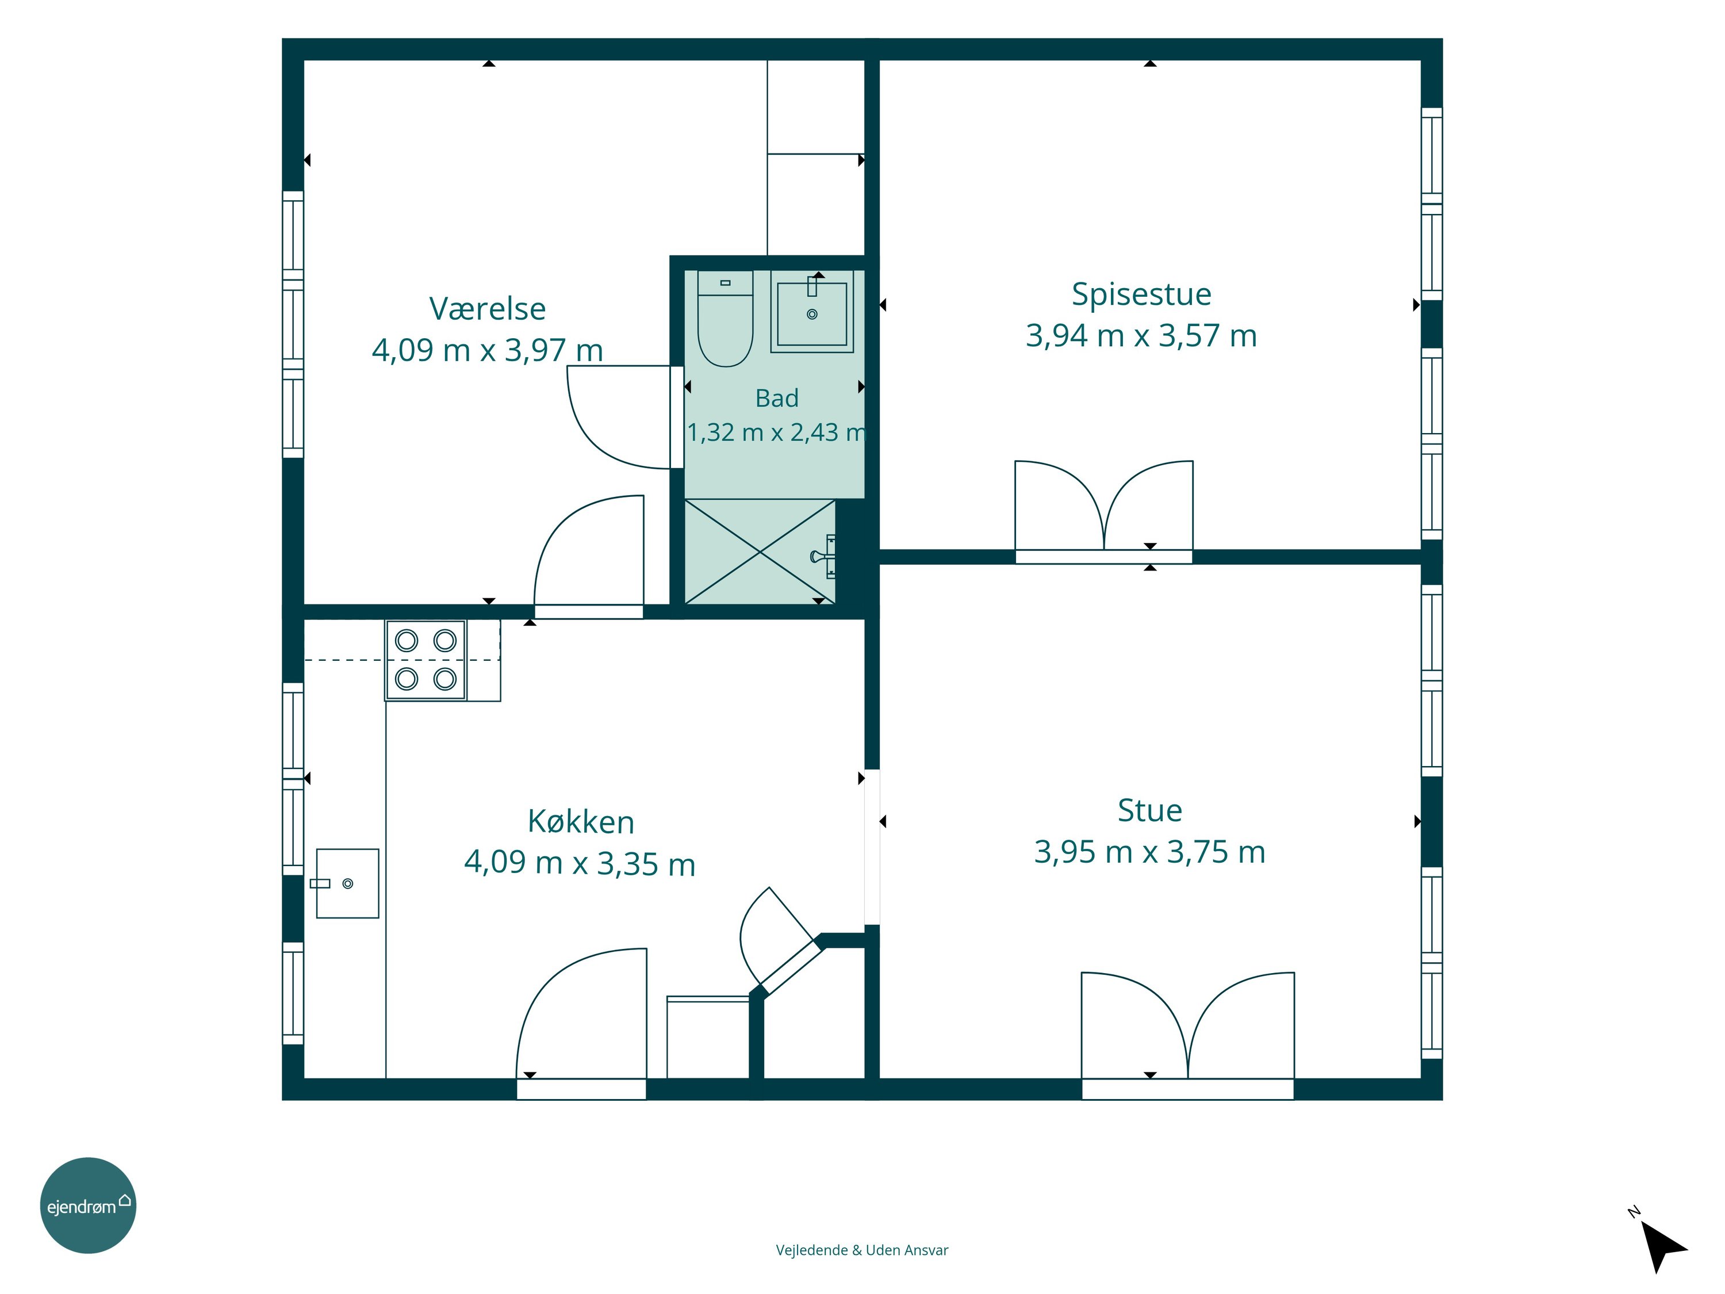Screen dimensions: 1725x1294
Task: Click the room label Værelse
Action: pyautogui.click(x=488, y=309)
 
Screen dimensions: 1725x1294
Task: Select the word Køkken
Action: pyautogui.click(x=581, y=822)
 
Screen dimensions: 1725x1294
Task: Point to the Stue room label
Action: pyautogui.click(x=1149, y=810)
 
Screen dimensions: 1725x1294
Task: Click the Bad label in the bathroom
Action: pyautogui.click(x=777, y=399)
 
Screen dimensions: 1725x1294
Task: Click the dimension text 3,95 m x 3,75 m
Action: pyautogui.click(x=1149, y=852)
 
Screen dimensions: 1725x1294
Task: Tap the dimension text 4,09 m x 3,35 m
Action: pyautogui.click(x=580, y=863)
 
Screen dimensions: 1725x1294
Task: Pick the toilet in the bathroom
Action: pyautogui.click(x=725, y=318)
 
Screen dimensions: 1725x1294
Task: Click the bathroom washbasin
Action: pyautogui.click(x=812, y=311)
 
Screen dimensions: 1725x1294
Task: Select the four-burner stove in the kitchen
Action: pyautogui.click(x=426, y=660)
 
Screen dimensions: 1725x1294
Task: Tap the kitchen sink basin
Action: pyautogui.click(x=347, y=883)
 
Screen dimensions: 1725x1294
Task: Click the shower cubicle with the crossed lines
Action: pyautogui.click(x=760, y=552)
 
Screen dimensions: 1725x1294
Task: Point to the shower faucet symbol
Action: pyautogui.click(x=823, y=556)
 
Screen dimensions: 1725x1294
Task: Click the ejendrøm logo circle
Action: pyautogui.click(x=88, y=1205)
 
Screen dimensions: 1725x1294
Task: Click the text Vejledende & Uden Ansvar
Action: pyautogui.click(x=862, y=1250)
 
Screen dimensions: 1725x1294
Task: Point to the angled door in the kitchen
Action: pyautogui.click(x=780, y=944)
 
